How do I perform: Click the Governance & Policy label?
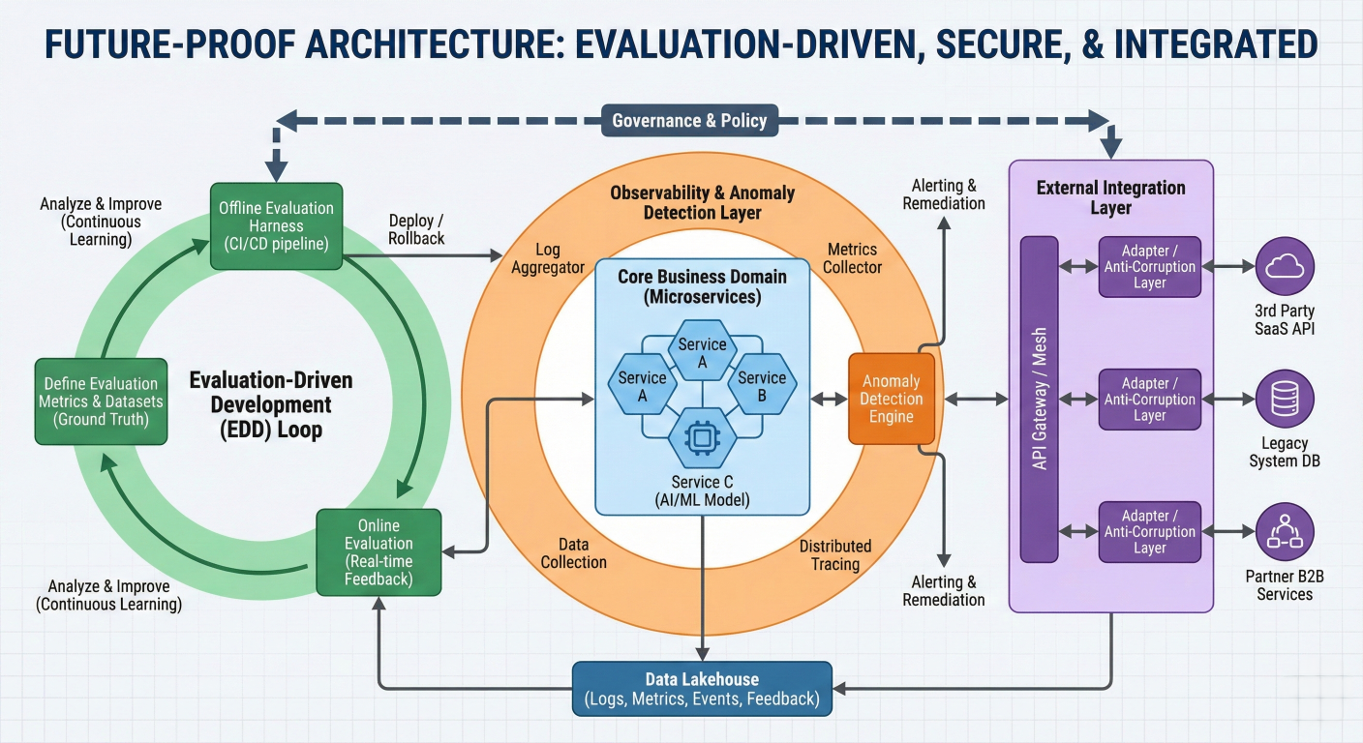[x=689, y=121]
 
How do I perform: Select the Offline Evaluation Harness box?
[x=276, y=225]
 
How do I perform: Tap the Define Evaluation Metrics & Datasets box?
[x=102, y=401]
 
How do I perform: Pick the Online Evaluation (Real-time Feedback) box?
[x=379, y=551]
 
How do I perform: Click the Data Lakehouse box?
[x=702, y=689]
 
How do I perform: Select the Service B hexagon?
[x=762, y=385]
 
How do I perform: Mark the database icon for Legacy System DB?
[x=1285, y=399]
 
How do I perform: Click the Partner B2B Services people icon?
[x=1285, y=531]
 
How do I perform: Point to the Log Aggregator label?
[x=548, y=258]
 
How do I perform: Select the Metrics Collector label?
[x=852, y=258]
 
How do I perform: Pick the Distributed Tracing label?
[x=834, y=554]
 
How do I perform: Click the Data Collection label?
[x=573, y=553]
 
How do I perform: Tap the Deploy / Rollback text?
[x=416, y=230]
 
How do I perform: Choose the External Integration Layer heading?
[x=1110, y=197]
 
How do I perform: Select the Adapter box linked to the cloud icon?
[x=1150, y=266]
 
